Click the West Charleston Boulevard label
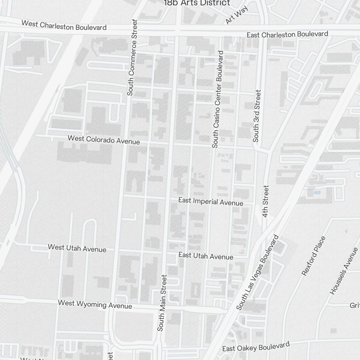click(x=64, y=26)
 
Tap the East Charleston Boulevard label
click(x=287, y=35)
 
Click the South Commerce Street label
click(x=132, y=57)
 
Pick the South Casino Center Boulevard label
click(x=218, y=99)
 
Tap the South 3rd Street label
click(x=257, y=116)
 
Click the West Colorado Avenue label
click(x=104, y=140)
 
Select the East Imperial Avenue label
click(x=211, y=202)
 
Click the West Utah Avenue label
click(x=77, y=248)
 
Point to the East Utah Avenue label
click(x=206, y=256)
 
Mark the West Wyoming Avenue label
click(x=95, y=305)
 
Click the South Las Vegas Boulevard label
click(x=258, y=272)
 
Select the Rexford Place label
click(x=314, y=256)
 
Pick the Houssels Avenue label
click(x=345, y=271)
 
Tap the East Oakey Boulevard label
click(x=256, y=347)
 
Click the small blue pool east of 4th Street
click(x=317, y=193)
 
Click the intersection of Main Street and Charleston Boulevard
click(x=177, y=30)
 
